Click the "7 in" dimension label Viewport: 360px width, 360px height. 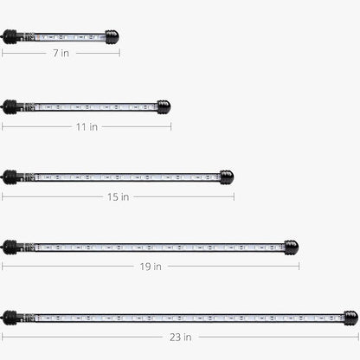(61, 54)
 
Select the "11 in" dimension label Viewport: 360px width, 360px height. (87, 126)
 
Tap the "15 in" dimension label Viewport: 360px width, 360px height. (118, 196)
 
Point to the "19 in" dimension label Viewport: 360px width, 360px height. (151, 267)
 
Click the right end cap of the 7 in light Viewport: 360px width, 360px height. (112, 37)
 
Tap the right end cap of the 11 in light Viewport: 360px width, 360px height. (163, 107)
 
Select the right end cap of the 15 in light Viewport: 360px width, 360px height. (227, 177)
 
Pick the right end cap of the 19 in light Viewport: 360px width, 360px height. (292, 247)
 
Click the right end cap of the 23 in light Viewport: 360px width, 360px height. (350, 318)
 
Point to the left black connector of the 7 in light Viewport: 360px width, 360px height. (10, 37)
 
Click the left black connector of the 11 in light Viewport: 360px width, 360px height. (10, 107)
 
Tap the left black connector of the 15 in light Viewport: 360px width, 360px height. (10, 177)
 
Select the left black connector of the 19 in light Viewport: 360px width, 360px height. (10, 247)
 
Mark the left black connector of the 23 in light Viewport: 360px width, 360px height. (10, 318)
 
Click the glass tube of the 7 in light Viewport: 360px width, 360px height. (65, 37)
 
